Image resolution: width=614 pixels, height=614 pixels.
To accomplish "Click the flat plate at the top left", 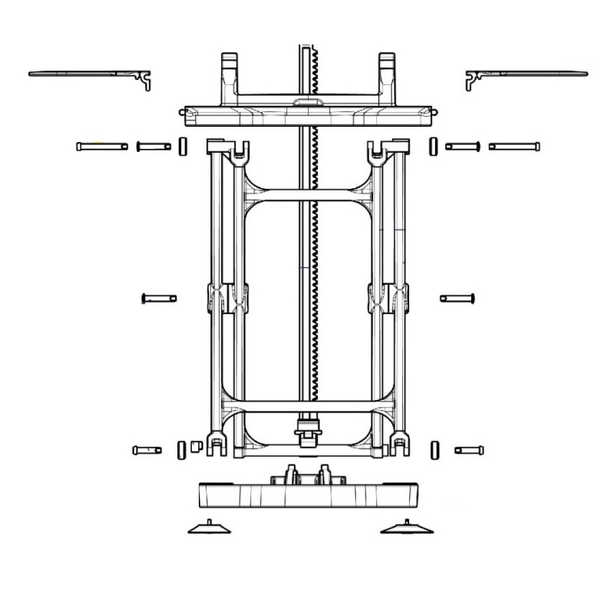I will (x=84, y=74).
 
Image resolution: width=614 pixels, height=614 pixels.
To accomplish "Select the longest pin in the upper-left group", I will (x=102, y=146).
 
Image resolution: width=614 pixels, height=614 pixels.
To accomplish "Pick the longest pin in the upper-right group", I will (x=513, y=146).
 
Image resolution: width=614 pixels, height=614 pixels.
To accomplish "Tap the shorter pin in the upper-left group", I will (x=153, y=146).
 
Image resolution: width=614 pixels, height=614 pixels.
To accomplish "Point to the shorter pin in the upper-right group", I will (x=462, y=146).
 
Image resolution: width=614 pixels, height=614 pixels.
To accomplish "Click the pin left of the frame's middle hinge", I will (x=159, y=298).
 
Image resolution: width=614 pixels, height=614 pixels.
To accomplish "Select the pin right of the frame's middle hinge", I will (x=458, y=298).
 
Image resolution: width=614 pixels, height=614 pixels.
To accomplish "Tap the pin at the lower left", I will (x=147, y=450).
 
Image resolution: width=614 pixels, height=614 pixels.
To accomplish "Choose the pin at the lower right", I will (x=469, y=450).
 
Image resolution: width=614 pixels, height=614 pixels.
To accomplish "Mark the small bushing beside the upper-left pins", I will (x=182, y=146).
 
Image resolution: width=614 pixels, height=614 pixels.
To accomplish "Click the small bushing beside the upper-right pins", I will (x=434, y=146).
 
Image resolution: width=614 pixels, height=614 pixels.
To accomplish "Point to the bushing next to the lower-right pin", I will (x=435, y=449).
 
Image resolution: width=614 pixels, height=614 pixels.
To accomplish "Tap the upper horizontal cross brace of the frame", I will (x=309, y=196).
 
